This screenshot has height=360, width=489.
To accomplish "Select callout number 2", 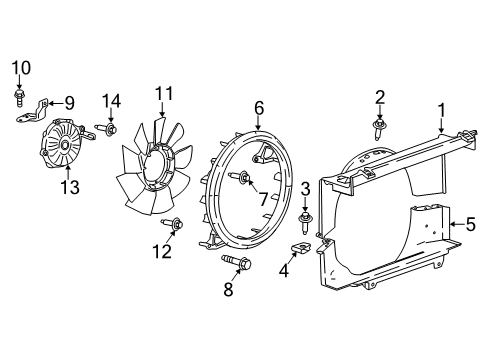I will (x=380, y=97).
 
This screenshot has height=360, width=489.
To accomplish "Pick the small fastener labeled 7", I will (x=242, y=179).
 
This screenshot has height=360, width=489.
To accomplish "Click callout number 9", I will (x=70, y=102).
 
